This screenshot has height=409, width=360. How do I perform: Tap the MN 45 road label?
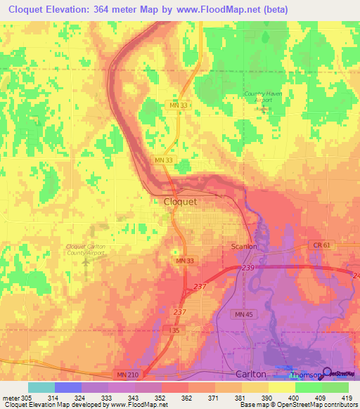[244, 313]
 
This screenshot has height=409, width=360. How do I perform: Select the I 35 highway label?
[176, 329]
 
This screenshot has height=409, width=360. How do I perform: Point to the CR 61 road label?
[319, 245]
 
